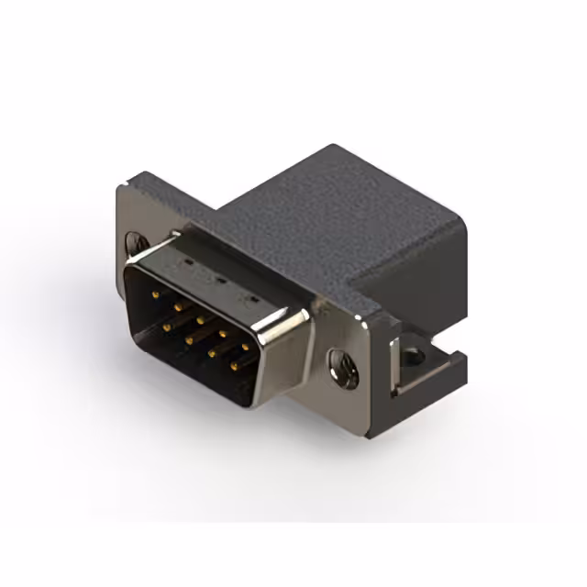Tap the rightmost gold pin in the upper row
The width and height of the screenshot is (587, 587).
[x=245, y=347]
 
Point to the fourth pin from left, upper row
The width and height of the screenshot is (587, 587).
[x=222, y=334]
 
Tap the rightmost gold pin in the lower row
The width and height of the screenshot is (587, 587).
[x=234, y=366]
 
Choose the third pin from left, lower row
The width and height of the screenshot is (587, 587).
[x=212, y=352]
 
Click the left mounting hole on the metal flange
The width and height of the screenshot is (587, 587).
[x=135, y=244]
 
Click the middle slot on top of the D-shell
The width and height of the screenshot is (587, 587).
[x=219, y=277]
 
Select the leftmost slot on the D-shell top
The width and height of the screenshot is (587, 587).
[x=189, y=260]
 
